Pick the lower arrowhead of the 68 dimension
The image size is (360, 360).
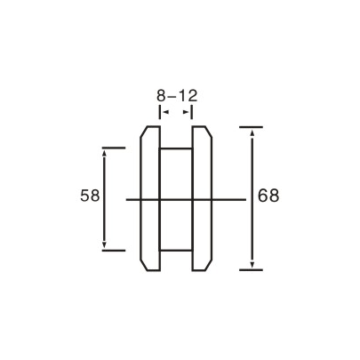[252, 263]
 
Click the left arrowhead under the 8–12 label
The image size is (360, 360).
[163, 113]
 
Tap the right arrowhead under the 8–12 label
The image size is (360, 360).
[190, 113]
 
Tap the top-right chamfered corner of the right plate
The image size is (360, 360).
[210, 132]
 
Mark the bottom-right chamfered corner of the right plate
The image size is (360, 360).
[210, 266]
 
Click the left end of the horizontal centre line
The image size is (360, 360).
[127, 200]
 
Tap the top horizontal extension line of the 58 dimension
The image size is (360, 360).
[113, 147]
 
